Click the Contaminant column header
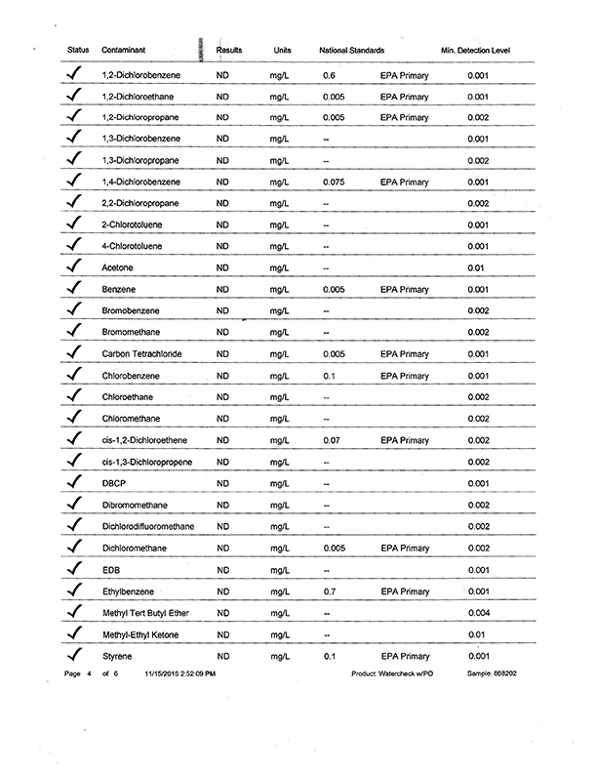(125, 50)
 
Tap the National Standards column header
(351, 50)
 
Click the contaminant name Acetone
(117, 267)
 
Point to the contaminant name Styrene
(117, 656)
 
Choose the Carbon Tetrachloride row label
(142, 353)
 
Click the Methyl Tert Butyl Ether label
(145, 613)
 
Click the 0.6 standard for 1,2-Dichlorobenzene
(330, 74)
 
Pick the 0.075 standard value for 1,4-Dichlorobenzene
(334, 182)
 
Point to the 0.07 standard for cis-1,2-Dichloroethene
(332, 440)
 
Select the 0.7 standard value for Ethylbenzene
(330, 591)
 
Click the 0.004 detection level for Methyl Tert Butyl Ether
(478, 613)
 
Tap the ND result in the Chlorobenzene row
(222, 376)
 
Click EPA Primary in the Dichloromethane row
(405, 549)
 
